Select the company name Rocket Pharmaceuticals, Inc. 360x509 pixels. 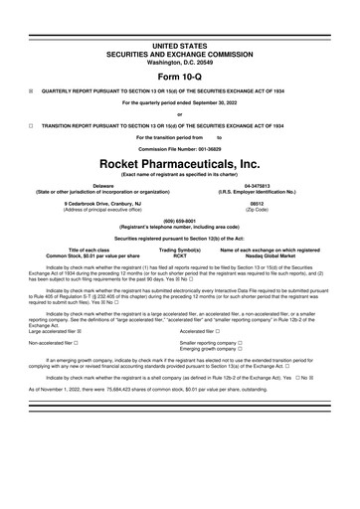pos(180,160)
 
